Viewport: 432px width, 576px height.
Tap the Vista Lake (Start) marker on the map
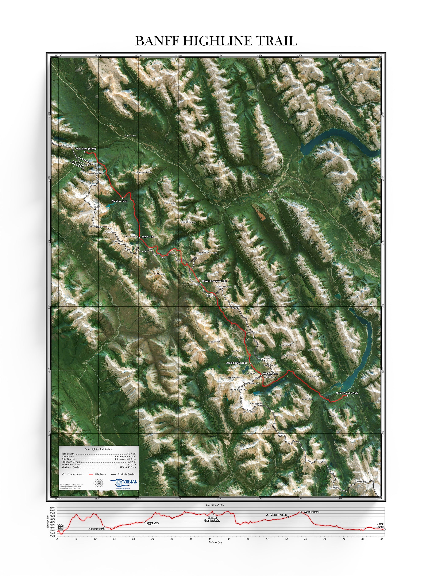point(85,152)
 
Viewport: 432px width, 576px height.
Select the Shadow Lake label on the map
point(119,201)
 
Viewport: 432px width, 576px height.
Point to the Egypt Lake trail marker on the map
point(140,238)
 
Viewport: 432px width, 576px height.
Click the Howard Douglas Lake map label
point(214,281)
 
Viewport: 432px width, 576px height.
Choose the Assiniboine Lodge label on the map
point(236,363)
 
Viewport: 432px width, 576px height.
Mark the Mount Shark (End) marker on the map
point(347,396)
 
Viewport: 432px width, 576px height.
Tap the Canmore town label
point(360,250)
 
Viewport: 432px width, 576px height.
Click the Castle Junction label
point(130,136)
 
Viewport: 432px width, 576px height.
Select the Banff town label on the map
point(270,192)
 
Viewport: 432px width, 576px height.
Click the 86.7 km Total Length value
point(131,454)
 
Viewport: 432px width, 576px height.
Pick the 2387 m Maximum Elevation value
point(131,462)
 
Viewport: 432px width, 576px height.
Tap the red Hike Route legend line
point(91,474)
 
